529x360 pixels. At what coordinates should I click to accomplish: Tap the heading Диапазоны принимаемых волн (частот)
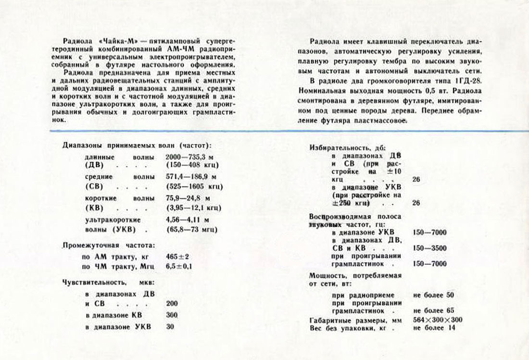point(138,145)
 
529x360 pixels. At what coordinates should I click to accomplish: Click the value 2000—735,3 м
point(189,157)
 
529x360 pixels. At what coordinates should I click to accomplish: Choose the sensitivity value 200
point(171,304)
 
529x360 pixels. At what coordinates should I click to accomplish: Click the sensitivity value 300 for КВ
point(171,315)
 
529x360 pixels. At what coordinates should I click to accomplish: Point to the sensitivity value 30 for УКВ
point(169,327)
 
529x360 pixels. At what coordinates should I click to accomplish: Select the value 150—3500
point(429,248)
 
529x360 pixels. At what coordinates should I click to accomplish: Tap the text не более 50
point(433,295)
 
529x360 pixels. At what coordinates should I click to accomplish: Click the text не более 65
point(433,310)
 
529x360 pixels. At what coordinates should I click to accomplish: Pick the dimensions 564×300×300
point(438,320)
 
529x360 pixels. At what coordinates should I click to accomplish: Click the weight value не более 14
point(433,328)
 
